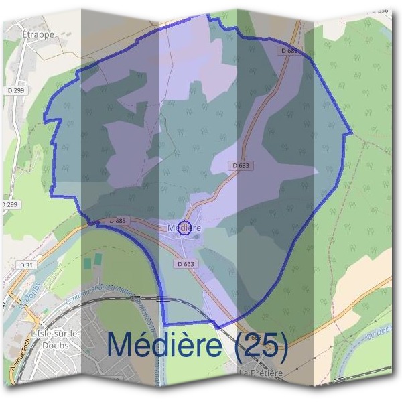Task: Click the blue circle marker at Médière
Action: coord(186,228)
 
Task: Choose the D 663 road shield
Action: coord(186,264)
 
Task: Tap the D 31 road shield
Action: coord(27,265)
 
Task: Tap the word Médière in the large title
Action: coord(164,344)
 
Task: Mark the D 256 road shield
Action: coord(382,10)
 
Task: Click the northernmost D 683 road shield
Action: coord(289,50)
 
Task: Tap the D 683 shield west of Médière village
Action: coord(117,220)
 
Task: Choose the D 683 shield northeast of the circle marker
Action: coord(242,165)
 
